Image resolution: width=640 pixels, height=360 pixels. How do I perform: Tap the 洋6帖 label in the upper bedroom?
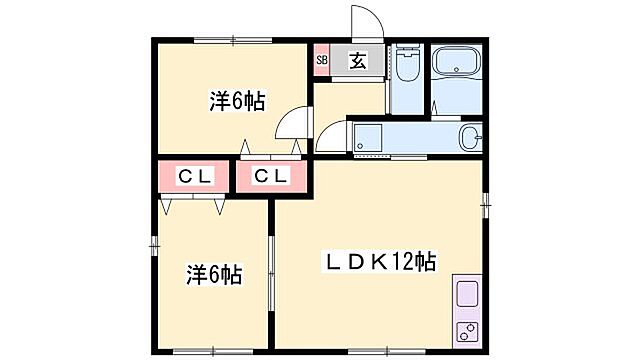pyautogui.click(x=236, y=101)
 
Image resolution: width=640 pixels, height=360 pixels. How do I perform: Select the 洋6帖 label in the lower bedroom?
pyautogui.click(x=215, y=272)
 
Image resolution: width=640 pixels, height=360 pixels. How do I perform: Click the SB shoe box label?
pyautogui.click(x=322, y=60)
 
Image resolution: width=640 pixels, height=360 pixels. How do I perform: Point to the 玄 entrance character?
pyautogui.click(x=357, y=59)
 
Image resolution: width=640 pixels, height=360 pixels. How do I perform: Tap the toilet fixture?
pyautogui.click(x=405, y=68)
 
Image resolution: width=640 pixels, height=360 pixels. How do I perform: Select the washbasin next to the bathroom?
pyautogui.click(x=470, y=137)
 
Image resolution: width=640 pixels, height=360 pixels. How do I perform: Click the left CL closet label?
pyautogui.click(x=193, y=177)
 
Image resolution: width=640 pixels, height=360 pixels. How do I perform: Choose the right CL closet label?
pyautogui.click(x=270, y=177)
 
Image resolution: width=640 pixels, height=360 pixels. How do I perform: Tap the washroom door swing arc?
pyautogui.click(x=331, y=135)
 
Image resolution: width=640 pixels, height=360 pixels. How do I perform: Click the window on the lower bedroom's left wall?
pyautogui.click(x=154, y=243)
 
